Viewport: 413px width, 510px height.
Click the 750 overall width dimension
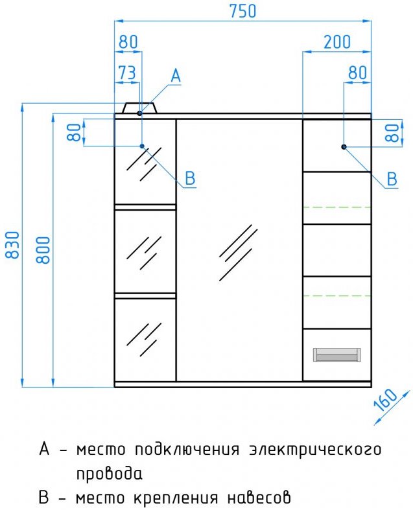[x=242, y=11]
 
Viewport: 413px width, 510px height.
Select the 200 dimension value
[x=337, y=42]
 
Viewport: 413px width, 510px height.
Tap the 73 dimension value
[x=127, y=73]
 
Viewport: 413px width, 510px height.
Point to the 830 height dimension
[x=13, y=245]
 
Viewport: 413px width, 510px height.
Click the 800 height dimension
[x=43, y=249]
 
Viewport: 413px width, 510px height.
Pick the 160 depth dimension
[x=385, y=400]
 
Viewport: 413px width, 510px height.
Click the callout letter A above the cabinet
[x=176, y=76]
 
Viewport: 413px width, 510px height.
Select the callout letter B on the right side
[x=392, y=179]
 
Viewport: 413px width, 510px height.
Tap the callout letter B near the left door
[x=190, y=178]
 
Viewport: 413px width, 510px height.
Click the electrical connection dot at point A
[x=139, y=113]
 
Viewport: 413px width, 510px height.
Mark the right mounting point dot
[x=344, y=146]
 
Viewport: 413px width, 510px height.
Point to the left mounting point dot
[x=142, y=146]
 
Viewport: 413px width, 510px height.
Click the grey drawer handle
[x=337, y=354]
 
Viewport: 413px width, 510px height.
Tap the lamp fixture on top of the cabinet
[x=139, y=108]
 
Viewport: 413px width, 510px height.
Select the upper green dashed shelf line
[x=337, y=207]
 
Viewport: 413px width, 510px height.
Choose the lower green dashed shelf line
[x=337, y=296]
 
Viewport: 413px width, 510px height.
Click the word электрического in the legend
[x=314, y=450]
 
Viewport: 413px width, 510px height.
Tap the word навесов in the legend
[x=259, y=498]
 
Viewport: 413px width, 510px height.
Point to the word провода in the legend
[x=110, y=474]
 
